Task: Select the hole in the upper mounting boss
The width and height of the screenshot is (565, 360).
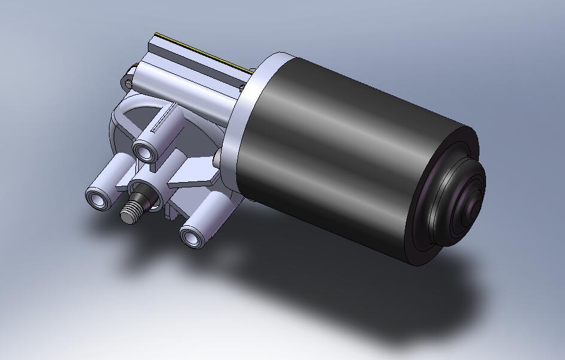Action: pyautogui.click(x=145, y=151)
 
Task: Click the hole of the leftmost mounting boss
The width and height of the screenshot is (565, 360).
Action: pyautogui.click(x=97, y=199)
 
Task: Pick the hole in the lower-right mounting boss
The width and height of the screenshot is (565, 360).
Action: pyautogui.click(x=192, y=237)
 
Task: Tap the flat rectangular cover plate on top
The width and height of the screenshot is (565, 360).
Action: pyautogui.click(x=198, y=63)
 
